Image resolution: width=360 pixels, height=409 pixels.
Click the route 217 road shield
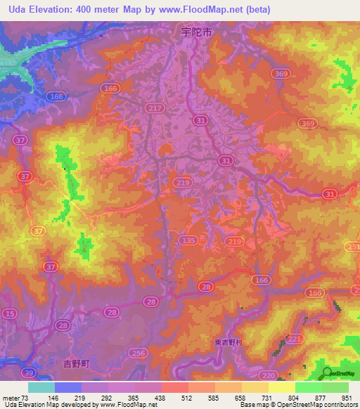[155, 108]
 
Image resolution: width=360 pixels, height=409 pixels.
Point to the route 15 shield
[9, 313]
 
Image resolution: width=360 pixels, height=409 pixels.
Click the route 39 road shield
[28, 372]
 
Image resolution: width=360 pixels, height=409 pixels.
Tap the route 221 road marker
[296, 339]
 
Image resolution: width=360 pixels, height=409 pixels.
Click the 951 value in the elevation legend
[347, 397]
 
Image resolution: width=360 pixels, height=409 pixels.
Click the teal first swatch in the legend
[41, 387]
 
